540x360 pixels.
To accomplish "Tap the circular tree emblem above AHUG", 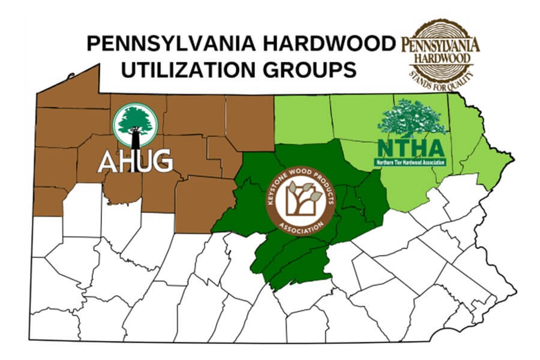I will [x=136, y=125].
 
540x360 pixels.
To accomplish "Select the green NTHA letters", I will [x=410, y=148].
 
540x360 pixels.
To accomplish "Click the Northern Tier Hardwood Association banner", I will [x=410, y=161].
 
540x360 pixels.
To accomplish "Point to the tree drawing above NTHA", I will [x=412, y=119].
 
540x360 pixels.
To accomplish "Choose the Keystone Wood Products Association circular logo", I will [x=297, y=200].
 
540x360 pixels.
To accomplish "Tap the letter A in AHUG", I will [x=109, y=161].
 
